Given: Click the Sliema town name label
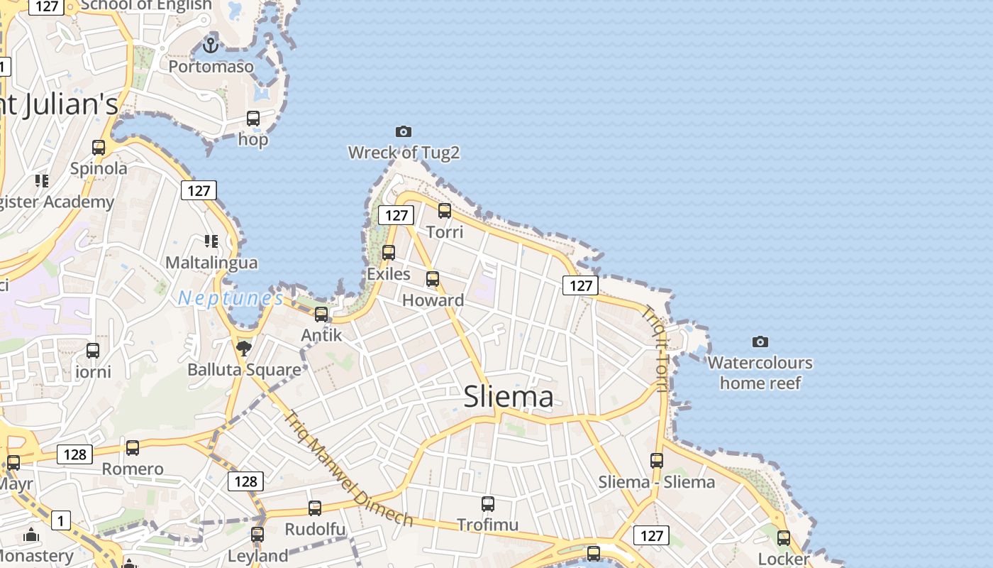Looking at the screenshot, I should click(508, 396).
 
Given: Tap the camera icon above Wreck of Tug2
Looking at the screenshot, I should click(404, 131).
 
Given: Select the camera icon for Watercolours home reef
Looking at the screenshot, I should click(760, 342).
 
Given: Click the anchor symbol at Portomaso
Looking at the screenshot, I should click(210, 45).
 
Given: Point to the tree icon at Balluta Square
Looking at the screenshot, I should click(244, 348).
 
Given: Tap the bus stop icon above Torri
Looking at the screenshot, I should click(445, 210).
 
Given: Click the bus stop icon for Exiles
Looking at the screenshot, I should click(389, 252).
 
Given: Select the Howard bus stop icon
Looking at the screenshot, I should click(433, 279).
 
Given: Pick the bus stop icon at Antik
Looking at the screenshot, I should click(321, 314).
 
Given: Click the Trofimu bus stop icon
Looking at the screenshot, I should click(488, 504).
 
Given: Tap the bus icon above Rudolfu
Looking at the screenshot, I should click(315, 508).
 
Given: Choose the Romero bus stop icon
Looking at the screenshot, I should click(133, 448).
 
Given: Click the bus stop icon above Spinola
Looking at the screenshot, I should click(99, 148).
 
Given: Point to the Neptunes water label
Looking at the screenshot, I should click(231, 298).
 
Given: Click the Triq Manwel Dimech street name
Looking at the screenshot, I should click(348, 469).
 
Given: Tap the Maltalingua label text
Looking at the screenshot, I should click(211, 263).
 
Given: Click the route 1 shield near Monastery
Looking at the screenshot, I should click(61, 521).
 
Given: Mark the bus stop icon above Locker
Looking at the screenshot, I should click(784, 538).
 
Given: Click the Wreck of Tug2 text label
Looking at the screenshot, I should click(404, 152).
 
